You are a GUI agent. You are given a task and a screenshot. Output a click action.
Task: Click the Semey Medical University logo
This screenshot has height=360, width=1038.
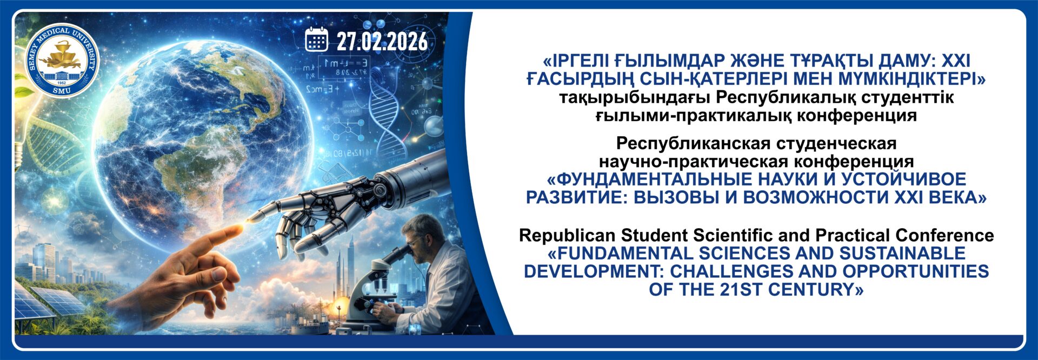(x=62, y=61)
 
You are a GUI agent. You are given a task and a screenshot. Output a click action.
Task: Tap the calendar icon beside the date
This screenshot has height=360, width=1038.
(x=316, y=39)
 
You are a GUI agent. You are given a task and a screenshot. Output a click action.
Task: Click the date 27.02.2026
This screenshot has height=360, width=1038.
(x=382, y=41)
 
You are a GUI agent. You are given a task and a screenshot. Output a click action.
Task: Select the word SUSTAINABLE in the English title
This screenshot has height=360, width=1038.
(x=902, y=253)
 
